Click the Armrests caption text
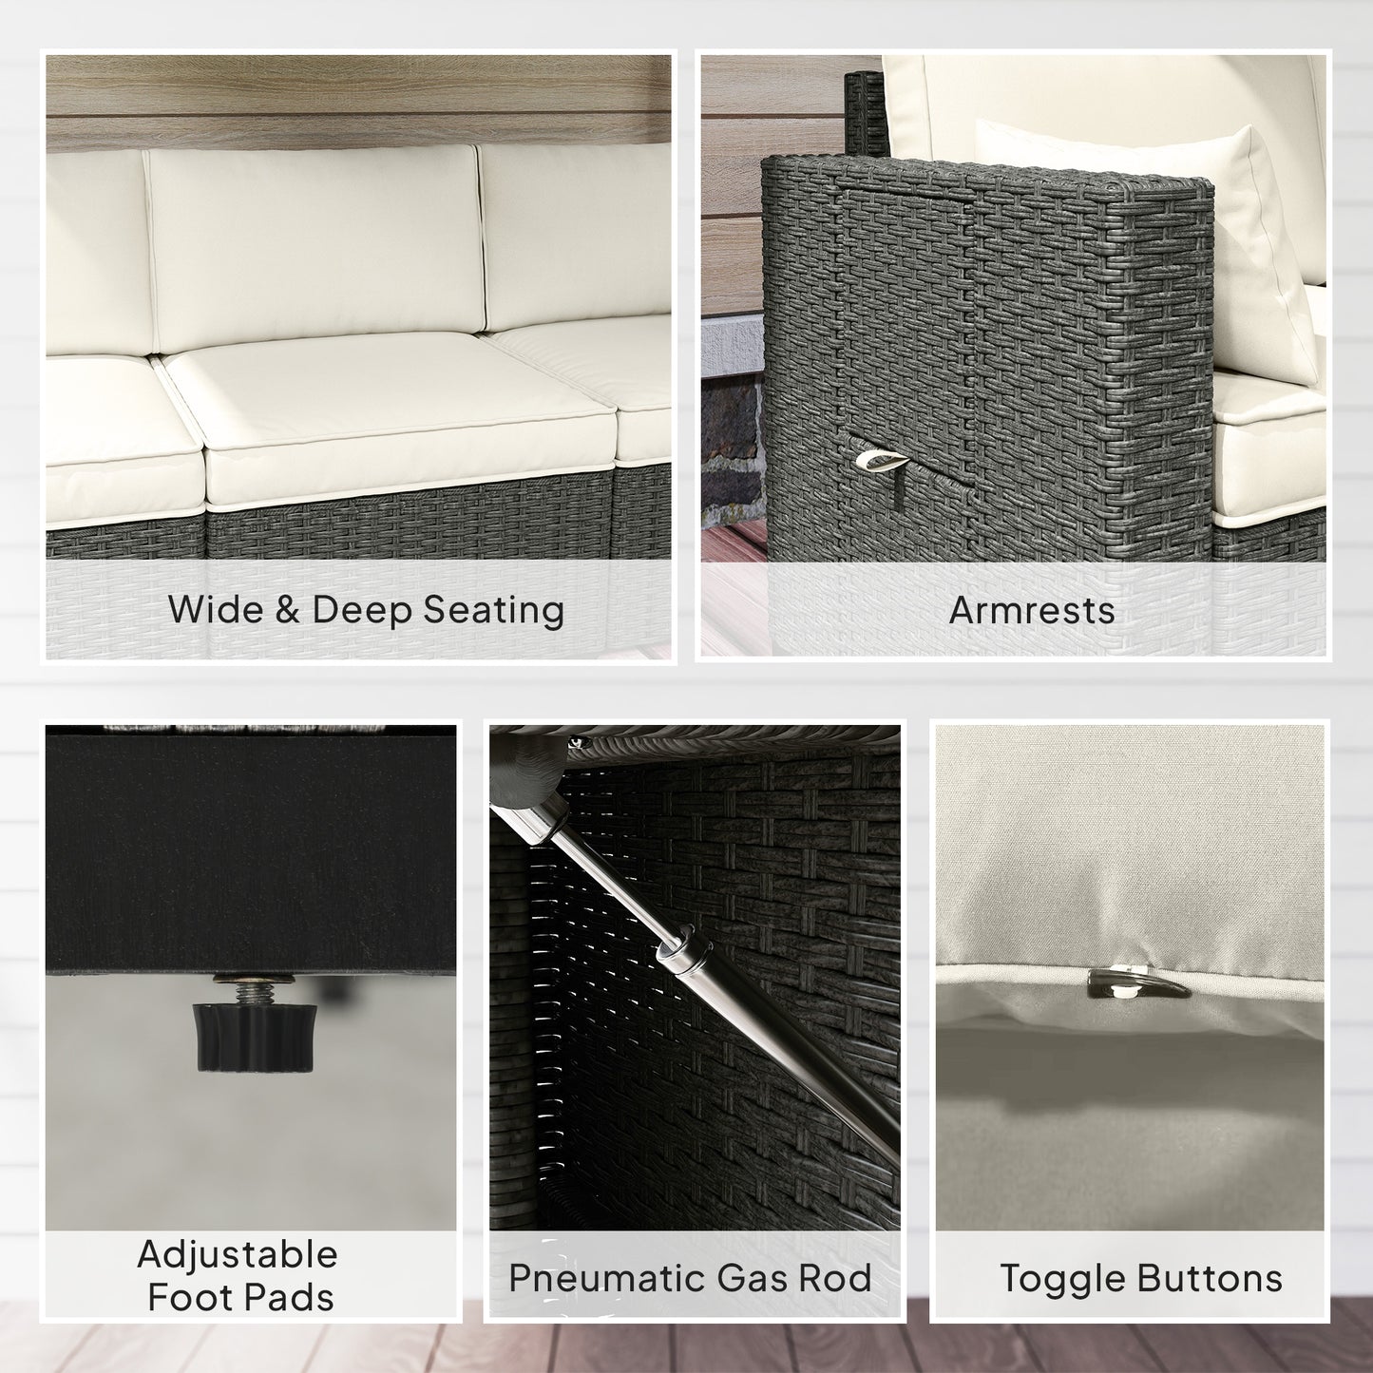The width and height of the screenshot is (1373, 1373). point(1032,611)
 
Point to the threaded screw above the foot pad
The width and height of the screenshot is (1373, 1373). point(254,988)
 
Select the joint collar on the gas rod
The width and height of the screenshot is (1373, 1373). point(685,948)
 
